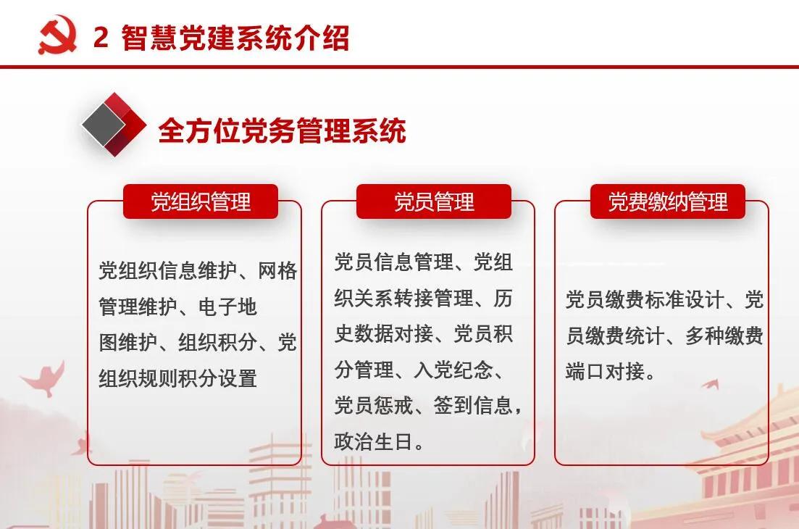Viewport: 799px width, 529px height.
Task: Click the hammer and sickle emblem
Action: click(57, 35)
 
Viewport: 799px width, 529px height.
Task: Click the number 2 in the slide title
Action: click(101, 37)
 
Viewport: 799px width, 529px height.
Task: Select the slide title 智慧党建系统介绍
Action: click(235, 37)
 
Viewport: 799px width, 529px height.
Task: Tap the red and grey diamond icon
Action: click(114, 125)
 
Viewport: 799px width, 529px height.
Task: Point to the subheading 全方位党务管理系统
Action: click(283, 130)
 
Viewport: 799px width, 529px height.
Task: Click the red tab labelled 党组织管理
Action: click(201, 201)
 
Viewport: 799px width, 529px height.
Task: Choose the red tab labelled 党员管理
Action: click(434, 201)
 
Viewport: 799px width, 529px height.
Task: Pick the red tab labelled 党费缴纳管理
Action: click(668, 201)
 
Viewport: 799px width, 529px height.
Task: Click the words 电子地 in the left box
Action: click(227, 307)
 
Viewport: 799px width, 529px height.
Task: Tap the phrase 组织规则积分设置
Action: click(178, 378)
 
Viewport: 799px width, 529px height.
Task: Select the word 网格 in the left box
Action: click(277, 270)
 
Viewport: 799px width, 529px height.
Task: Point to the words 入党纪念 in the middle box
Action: click(453, 370)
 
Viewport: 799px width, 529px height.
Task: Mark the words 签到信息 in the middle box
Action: click(473, 406)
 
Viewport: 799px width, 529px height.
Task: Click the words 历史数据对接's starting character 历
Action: click(503, 298)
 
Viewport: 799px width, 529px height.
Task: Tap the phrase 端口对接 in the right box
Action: click(605, 372)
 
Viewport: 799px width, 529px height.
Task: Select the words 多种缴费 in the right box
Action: click(724, 336)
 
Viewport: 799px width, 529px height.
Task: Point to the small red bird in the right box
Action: click(711, 384)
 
